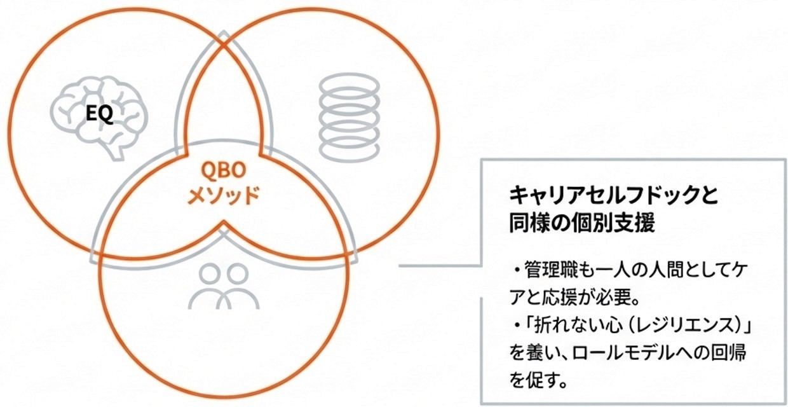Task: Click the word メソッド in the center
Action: pos(223,195)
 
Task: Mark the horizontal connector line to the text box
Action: pos(438,266)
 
